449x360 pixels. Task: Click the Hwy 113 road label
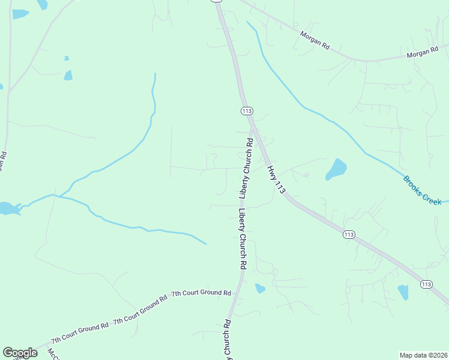click(x=276, y=179)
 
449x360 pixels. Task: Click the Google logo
click(x=20, y=353)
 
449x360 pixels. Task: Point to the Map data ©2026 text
click(x=423, y=355)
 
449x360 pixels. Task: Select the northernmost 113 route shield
click(x=247, y=111)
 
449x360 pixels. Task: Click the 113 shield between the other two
click(x=349, y=234)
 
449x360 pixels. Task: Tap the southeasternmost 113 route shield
click(x=426, y=284)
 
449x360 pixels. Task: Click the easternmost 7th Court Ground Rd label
click(x=201, y=293)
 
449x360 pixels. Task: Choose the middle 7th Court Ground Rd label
click(x=139, y=309)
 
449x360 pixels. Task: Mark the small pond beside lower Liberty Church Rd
click(x=260, y=289)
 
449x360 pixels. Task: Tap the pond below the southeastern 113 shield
click(x=403, y=292)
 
